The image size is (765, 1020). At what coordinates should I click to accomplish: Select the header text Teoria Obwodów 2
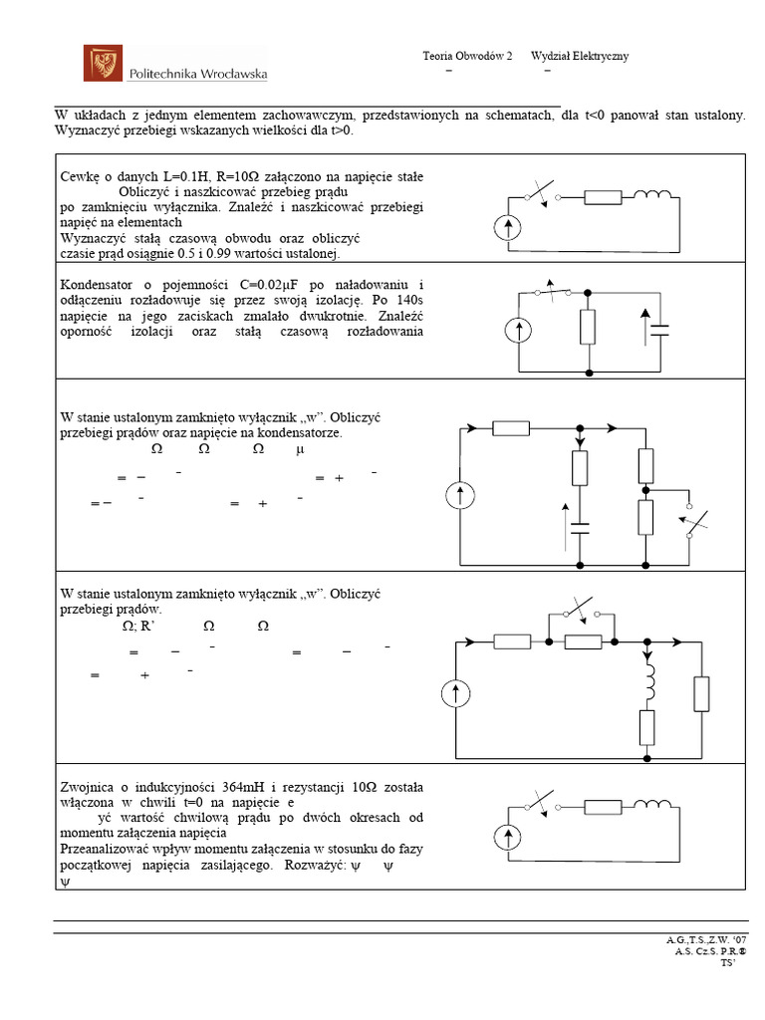pyautogui.click(x=467, y=57)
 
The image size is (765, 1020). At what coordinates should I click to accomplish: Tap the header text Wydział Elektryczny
pyautogui.click(x=580, y=57)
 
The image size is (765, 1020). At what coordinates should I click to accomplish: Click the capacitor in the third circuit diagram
pyautogui.click(x=581, y=526)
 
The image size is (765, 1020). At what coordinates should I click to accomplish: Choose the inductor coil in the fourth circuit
pyautogui.click(x=647, y=680)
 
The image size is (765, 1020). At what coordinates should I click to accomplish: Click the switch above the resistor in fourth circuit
pyautogui.click(x=580, y=611)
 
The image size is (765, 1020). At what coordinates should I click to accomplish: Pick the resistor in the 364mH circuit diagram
pyautogui.click(x=602, y=809)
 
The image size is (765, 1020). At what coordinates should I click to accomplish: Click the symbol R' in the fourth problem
pyautogui.click(x=150, y=627)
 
